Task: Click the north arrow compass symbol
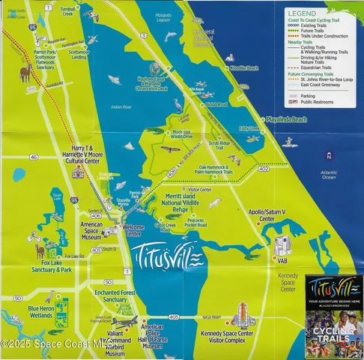[x=327, y=155]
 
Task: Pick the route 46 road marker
[x=34, y=157]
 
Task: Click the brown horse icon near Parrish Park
[x=26, y=73]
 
